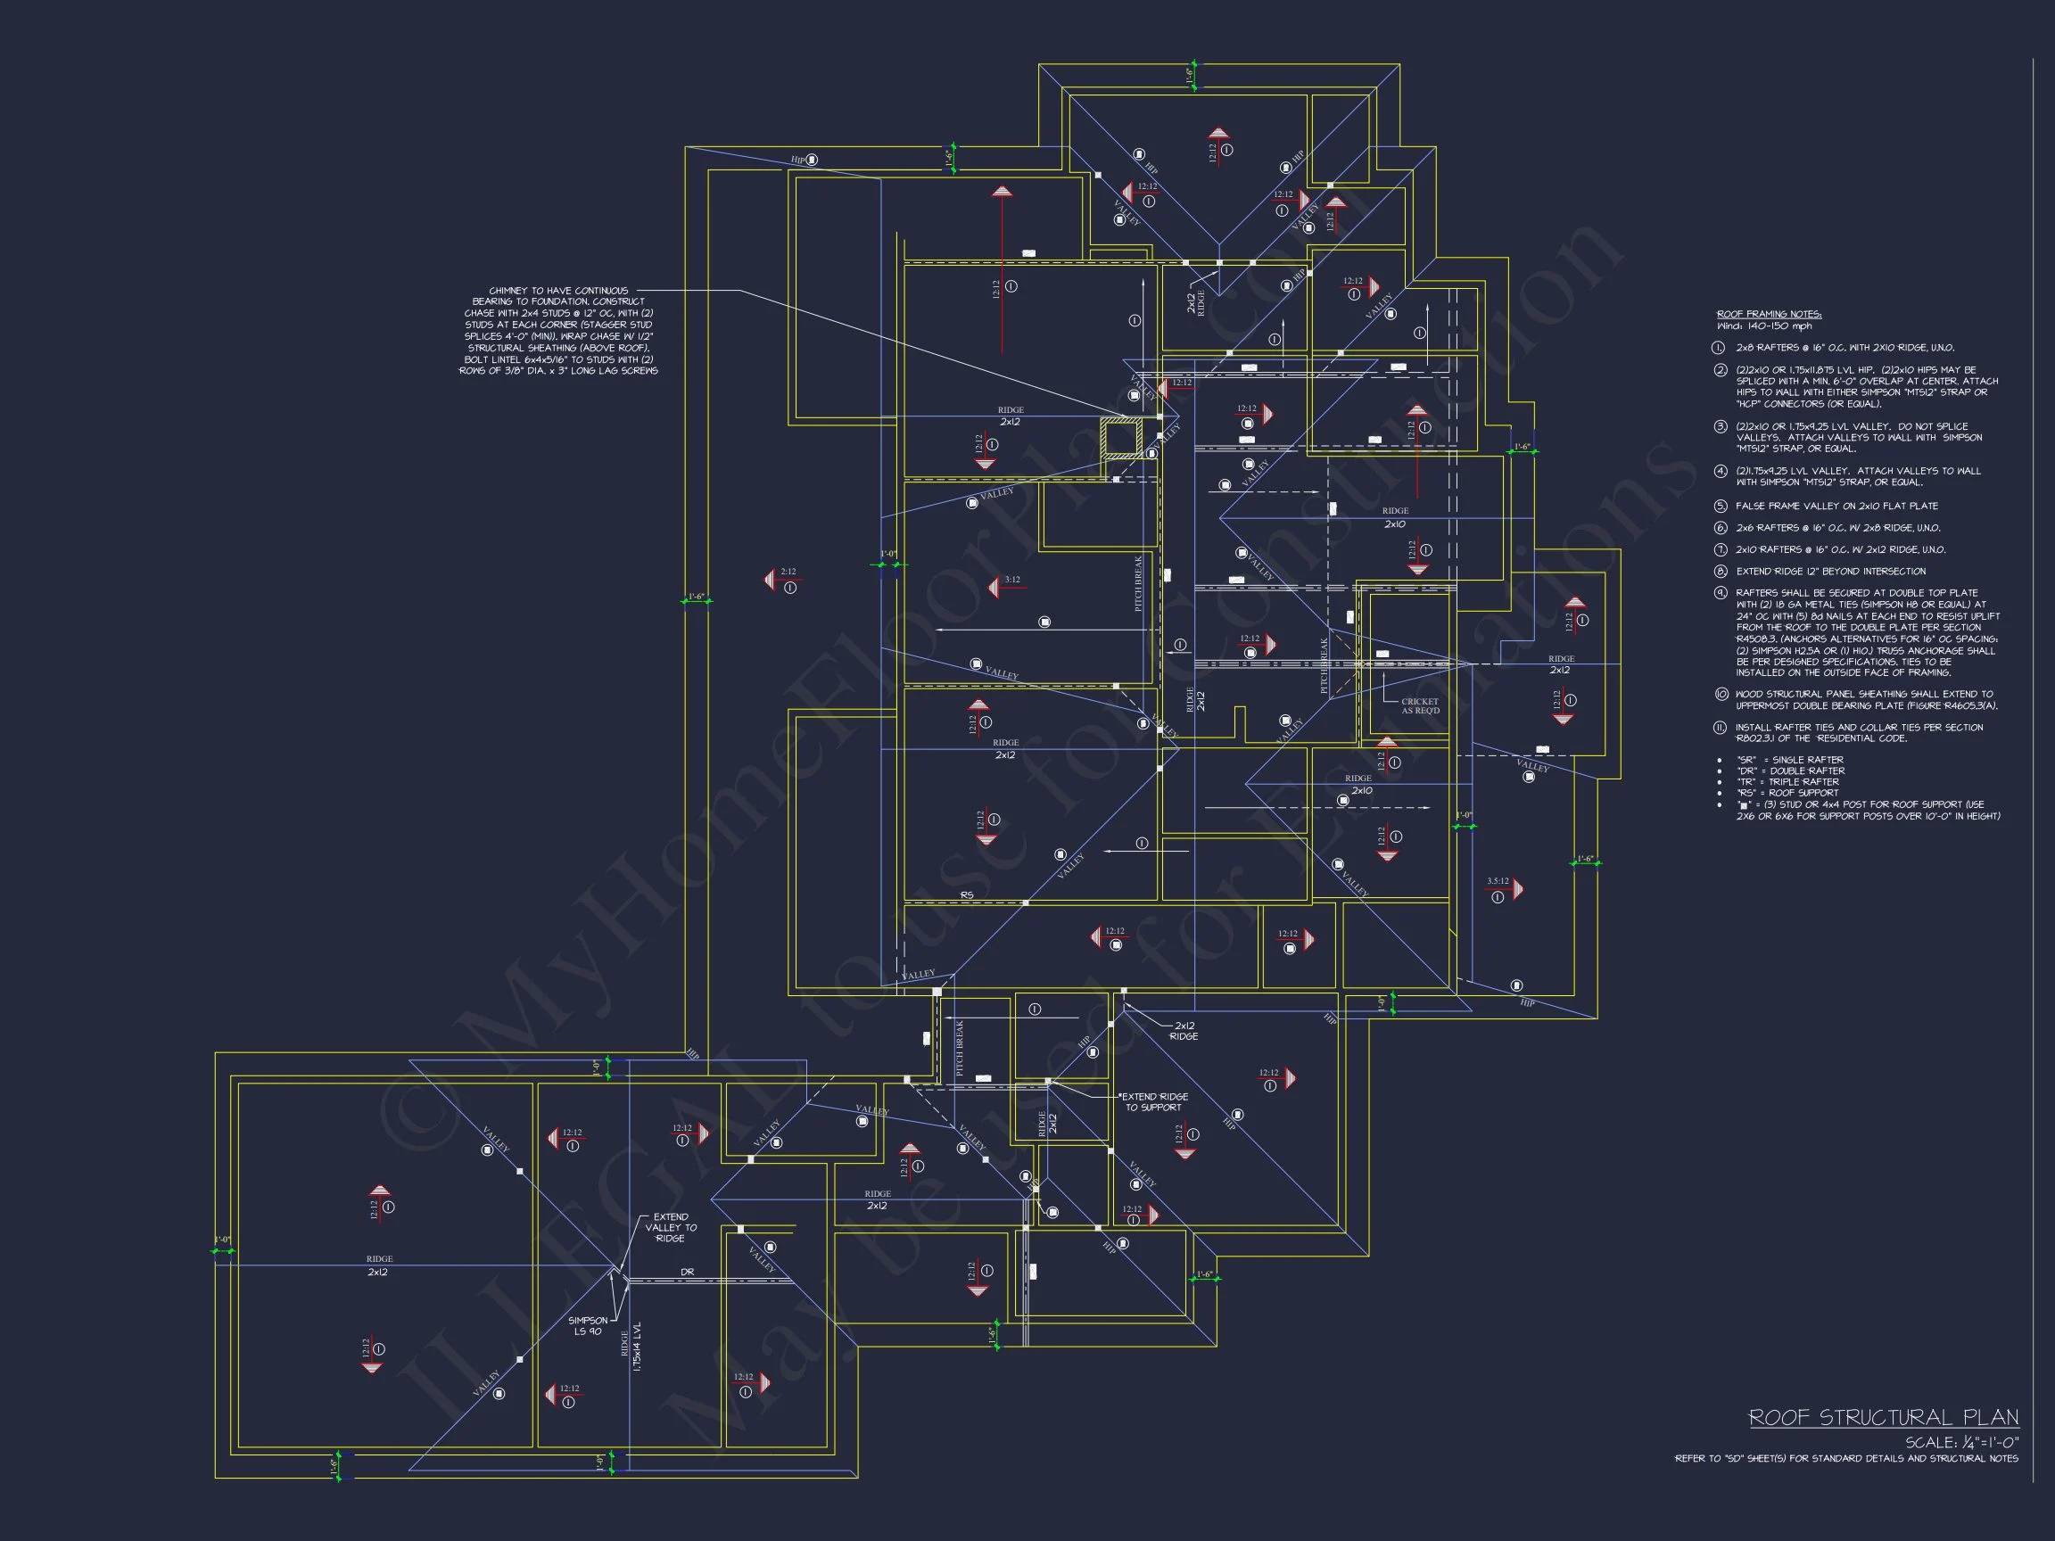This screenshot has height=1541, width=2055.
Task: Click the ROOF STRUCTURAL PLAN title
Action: point(1883,1417)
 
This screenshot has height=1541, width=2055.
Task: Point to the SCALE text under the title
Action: point(1961,1443)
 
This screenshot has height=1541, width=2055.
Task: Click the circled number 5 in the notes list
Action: point(1721,507)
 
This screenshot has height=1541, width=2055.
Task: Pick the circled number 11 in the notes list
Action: point(1721,729)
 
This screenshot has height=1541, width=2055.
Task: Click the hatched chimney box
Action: point(1122,439)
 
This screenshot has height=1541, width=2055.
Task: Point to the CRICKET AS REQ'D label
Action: point(1420,706)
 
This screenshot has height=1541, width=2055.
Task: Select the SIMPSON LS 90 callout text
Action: point(588,1325)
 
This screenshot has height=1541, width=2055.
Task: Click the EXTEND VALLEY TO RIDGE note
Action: point(670,1227)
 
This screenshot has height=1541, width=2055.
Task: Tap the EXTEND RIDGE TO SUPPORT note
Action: point(1155,1101)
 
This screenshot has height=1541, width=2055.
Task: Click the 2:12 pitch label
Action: point(788,573)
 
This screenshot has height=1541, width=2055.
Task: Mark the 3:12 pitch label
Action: point(1011,580)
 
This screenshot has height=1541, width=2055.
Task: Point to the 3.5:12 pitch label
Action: point(1498,880)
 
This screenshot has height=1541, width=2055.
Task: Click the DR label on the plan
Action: point(687,1272)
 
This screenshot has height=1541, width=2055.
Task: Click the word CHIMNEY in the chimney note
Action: point(507,291)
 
